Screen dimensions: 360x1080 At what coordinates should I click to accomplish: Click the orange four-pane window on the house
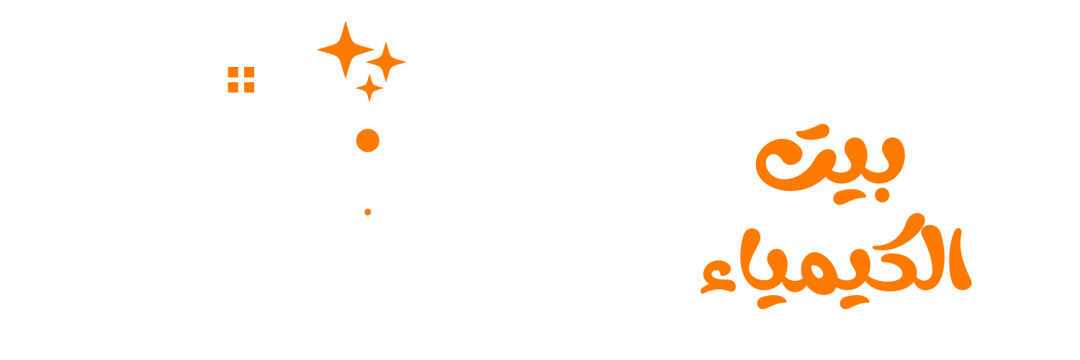(x=240, y=79)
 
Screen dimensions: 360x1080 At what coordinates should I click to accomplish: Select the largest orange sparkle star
(x=346, y=49)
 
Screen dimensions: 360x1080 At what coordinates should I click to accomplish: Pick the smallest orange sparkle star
(x=369, y=87)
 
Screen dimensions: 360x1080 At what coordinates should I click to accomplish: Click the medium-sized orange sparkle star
(x=387, y=61)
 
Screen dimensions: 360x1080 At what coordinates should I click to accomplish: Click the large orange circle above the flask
(x=368, y=140)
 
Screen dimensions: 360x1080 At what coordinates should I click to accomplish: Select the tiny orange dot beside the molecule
(x=368, y=212)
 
